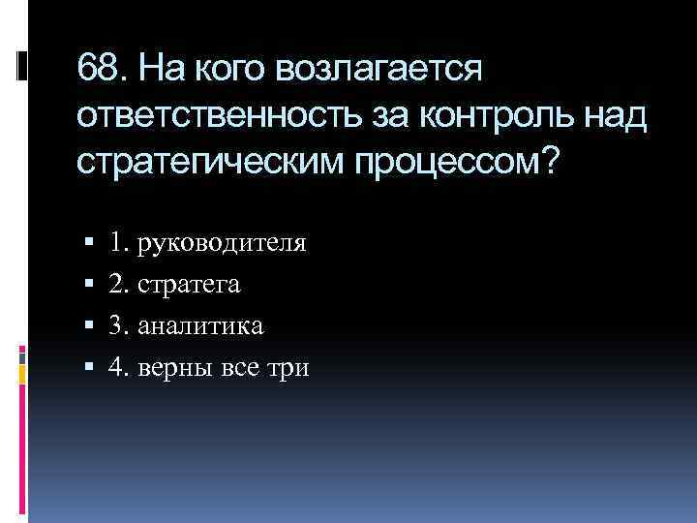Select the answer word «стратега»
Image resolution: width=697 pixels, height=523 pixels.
[x=190, y=285]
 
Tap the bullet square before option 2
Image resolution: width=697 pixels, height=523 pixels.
[x=88, y=286]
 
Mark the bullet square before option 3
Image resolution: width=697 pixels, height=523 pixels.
[x=88, y=326]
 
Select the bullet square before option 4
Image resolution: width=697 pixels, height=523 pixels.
[x=88, y=368]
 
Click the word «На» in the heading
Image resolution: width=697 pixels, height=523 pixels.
[x=156, y=70]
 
